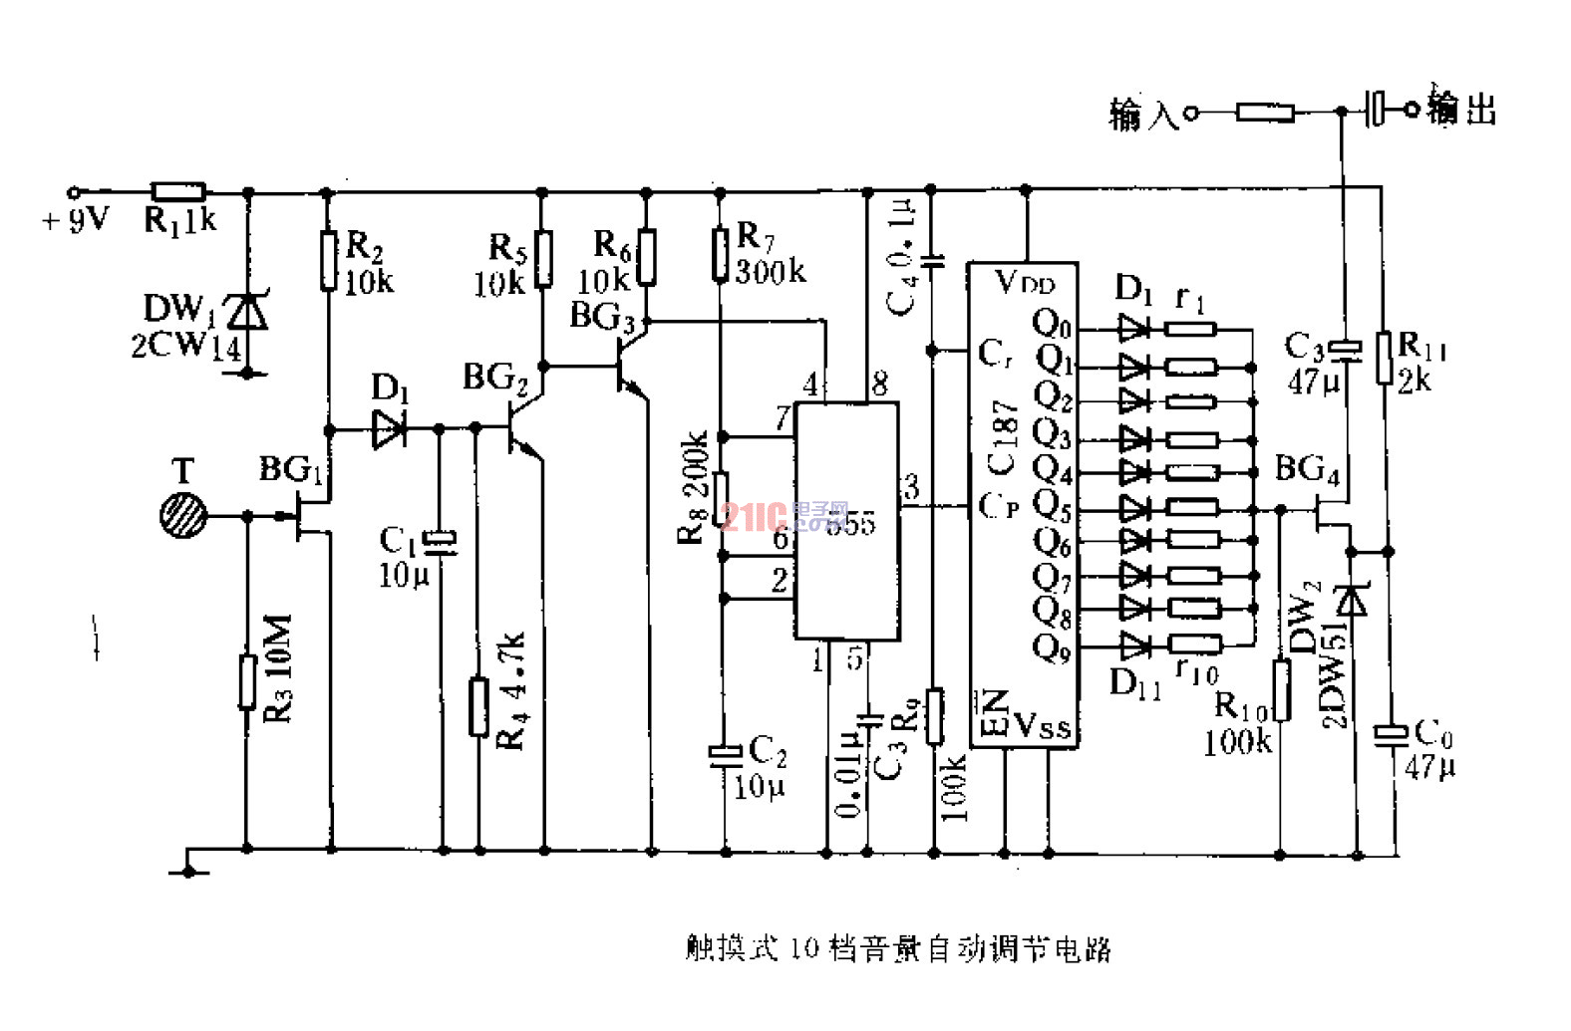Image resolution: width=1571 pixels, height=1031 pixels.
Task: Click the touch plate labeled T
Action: pos(184,516)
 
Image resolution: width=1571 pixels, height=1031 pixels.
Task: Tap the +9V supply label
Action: pos(76,220)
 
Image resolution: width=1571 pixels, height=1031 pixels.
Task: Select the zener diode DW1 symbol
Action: pos(247,313)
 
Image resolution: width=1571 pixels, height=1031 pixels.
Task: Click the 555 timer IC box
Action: pos(846,520)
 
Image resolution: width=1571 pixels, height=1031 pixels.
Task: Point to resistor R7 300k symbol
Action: pos(721,255)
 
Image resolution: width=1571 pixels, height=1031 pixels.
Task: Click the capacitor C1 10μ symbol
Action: pos(440,541)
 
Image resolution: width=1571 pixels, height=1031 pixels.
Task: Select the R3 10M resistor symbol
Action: pos(247,682)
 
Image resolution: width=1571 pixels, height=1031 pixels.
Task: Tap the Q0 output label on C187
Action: pos(1052,324)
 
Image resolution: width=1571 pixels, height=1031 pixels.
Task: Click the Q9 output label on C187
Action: pos(1052,648)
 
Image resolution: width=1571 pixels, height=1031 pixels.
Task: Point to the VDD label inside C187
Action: pos(1024,283)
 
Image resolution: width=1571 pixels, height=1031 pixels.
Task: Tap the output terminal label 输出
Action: pos(1461,108)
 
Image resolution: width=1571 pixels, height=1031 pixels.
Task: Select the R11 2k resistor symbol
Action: pos(1384,358)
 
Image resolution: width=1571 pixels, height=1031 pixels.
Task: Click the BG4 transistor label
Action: pos(1307,469)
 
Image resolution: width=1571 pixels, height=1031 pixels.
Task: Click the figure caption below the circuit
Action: pos(897,948)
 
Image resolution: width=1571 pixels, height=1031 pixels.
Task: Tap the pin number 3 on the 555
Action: pos(911,487)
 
